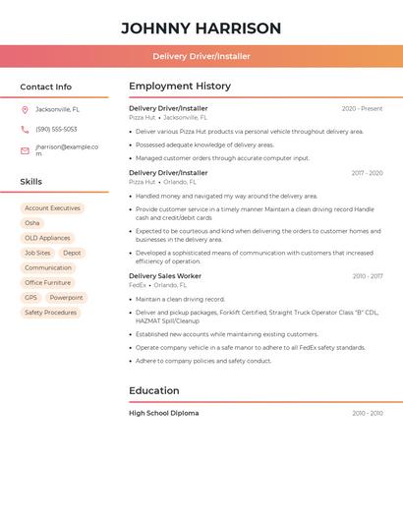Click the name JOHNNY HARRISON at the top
(x=201, y=29)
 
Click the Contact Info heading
(x=45, y=87)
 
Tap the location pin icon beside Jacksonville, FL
(x=25, y=109)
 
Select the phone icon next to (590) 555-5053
(x=25, y=129)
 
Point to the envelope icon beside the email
(x=25, y=150)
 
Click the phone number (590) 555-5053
(x=56, y=129)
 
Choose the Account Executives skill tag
(x=52, y=208)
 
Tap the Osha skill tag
(x=32, y=223)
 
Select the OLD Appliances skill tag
(x=47, y=238)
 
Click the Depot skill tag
(x=72, y=253)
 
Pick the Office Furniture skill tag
(x=47, y=283)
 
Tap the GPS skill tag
(x=30, y=298)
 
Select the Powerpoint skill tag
(x=66, y=298)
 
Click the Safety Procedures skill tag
(x=50, y=313)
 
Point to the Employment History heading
(x=180, y=87)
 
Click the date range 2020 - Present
(x=362, y=109)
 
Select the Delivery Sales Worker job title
(x=165, y=276)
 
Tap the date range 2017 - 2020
(x=367, y=173)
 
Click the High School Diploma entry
(x=163, y=413)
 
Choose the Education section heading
(x=154, y=390)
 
